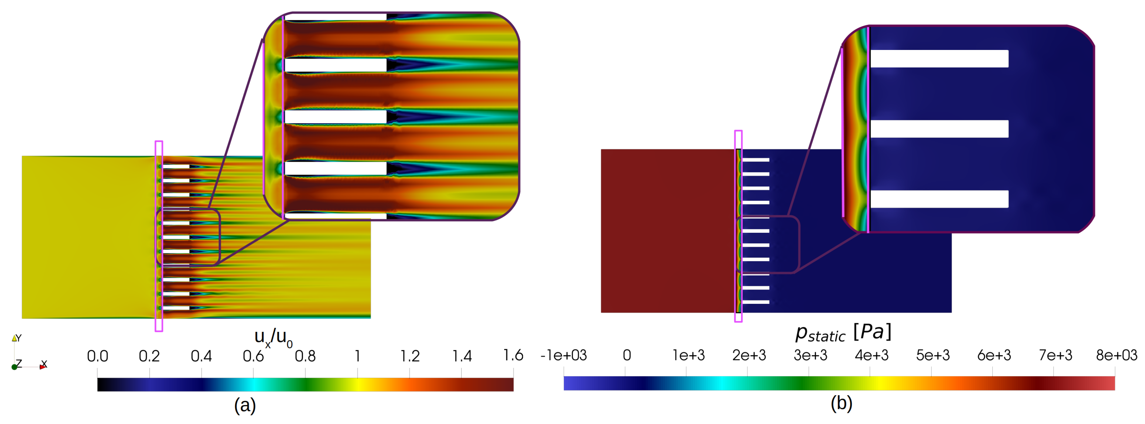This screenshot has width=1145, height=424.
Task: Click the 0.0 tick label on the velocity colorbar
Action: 97,356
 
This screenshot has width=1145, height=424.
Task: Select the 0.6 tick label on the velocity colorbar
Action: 253,356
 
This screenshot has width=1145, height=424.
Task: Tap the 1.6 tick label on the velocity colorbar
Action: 513,355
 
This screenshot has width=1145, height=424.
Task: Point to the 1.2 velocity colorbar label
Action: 410,356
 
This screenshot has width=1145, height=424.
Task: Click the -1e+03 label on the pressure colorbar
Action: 564,355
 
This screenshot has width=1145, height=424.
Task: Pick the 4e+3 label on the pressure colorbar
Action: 872,355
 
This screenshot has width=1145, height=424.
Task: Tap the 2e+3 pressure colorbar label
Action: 749,355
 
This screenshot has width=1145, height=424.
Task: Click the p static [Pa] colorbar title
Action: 843,332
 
